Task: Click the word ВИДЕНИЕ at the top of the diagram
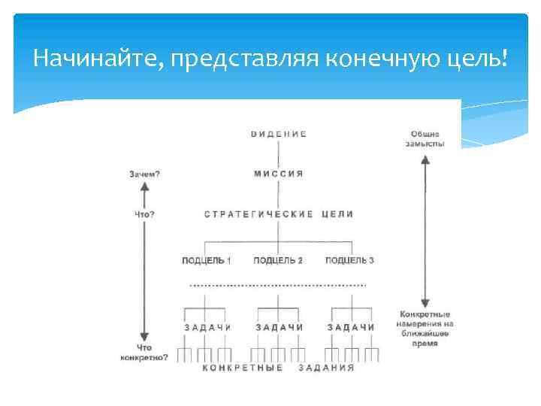(x=278, y=134)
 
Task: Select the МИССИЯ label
(x=278, y=174)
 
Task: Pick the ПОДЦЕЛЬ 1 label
(x=206, y=260)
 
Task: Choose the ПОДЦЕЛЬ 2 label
(x=278, y=260)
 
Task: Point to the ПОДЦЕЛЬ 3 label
(x=349, y=260)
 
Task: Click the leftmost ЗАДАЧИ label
(x=207, y=327)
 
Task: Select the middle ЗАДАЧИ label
(x=279, y=327)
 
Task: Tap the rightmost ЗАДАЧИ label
(x=351, y=327)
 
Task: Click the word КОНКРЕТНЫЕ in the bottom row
(x=243, y=368)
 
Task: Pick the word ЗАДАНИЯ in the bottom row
(x=325, y=368)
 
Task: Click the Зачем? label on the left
(x=144, y=174)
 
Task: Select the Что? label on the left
(x=144, y=214)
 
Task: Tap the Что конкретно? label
(x=144, y=353)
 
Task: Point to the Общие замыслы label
(x=425, y=138)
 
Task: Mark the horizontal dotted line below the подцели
(x=278, y=285)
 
